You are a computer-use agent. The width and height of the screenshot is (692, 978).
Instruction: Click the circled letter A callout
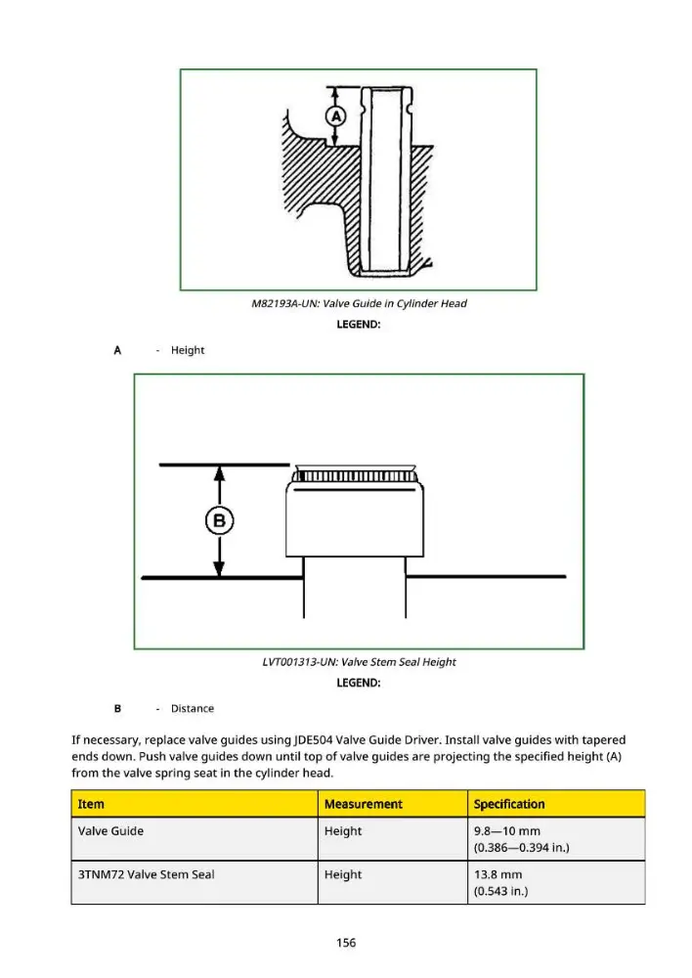pyautogui.click(x=336, y=116)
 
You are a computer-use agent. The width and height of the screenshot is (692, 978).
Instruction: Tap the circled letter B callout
pyautogui.click(x=220, y=520)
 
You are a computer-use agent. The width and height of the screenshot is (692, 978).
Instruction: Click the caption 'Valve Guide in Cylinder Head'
pyautogui.click(x=395, y=304)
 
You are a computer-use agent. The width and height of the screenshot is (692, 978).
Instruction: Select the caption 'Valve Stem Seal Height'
pyautogui.click(x=399, y=662)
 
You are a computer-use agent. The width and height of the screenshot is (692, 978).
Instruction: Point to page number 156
pyautogui.click(x=346, y=943)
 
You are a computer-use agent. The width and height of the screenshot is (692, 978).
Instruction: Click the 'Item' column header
pyautogui.click(x=91, y=804)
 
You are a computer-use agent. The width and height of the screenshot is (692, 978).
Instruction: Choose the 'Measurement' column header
pyautogui.click(x=364, y=804)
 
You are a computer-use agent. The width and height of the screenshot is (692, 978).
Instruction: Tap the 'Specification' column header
pyautogui.click(x=509, y=804)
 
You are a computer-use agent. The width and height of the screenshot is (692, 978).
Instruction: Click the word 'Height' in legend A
pyautogui.click(x=188, y=350)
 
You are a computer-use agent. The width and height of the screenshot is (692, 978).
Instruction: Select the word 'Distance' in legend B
pyautogui.click(x=193, y=708)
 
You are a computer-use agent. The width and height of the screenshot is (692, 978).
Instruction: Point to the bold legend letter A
pyautogui.click(x=117, y=350)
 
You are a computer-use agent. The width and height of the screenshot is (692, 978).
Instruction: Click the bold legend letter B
pyautogui.click(x=117, y=708)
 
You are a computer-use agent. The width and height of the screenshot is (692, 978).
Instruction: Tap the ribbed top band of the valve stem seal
pyautogui.click(x=356, y=476)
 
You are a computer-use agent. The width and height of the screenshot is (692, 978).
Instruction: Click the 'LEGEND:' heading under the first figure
pyautogui.click(x=359, y=325)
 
